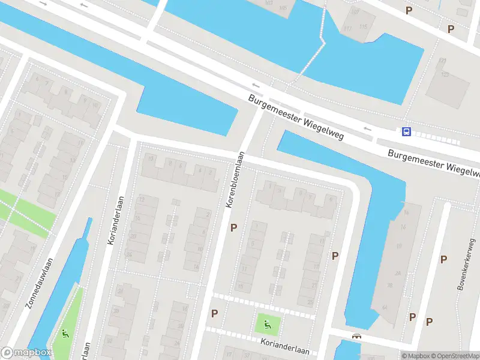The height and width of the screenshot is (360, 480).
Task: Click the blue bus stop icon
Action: pos(407,132)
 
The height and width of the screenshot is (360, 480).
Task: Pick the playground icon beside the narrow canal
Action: pos(65,333)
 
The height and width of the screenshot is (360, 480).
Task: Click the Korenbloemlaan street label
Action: pos(235,179)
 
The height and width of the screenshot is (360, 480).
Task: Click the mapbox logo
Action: pos(26,353)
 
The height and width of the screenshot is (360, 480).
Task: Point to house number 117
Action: pos(347,28)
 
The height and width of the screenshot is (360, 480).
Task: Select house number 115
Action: pos(363,27)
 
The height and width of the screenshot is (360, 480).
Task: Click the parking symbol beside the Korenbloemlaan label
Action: pos(234,227)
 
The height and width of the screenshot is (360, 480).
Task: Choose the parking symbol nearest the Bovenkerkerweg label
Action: pos(443,259)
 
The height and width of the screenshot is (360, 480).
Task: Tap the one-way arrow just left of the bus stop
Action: pos(367,128)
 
